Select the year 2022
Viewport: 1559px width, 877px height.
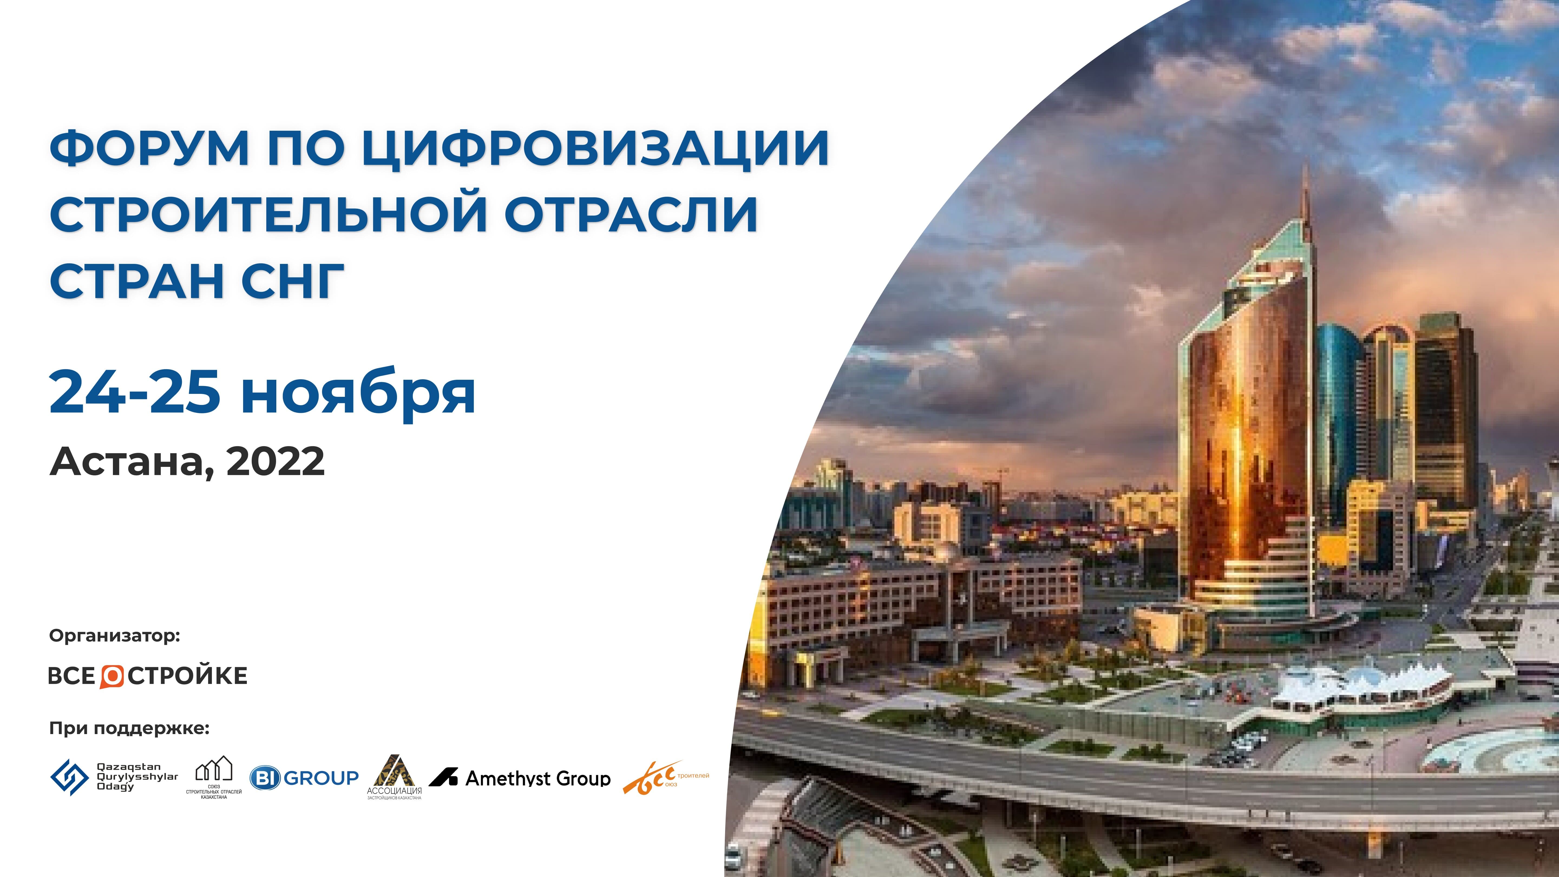(x=275, y=462)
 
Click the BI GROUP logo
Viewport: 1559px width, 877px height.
(x=304, y=778)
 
